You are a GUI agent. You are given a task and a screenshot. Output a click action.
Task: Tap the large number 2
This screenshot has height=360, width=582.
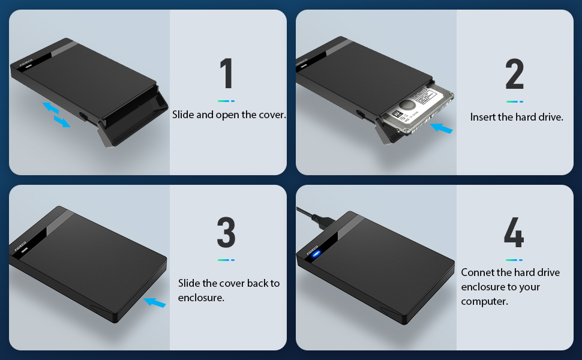tap(514, 75)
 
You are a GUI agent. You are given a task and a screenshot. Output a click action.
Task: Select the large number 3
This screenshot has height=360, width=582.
tap(226, 233)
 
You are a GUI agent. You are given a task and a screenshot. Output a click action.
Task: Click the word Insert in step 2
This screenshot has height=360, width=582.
tap(482, 117)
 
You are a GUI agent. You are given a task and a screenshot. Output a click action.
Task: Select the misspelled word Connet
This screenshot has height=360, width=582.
tap(478, 272)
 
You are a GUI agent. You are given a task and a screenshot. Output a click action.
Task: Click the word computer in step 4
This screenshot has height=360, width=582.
tap(484, 301)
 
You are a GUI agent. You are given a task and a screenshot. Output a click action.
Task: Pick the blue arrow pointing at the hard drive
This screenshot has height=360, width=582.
tap(442, 128)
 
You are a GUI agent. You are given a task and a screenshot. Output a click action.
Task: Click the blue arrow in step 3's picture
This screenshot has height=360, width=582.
tap(155, 303)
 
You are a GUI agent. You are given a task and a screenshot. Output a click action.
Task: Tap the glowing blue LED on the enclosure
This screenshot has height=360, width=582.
tap(316, 252)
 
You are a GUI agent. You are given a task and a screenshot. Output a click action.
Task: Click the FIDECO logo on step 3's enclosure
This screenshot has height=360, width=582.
tap(20, 245)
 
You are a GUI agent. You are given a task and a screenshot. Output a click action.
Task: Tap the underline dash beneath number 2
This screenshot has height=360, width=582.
tap(514, 101)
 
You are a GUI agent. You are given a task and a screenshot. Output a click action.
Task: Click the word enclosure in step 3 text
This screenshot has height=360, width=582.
tap(201, 298)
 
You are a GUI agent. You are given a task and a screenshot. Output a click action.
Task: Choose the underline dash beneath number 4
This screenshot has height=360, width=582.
tap(514, 260)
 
